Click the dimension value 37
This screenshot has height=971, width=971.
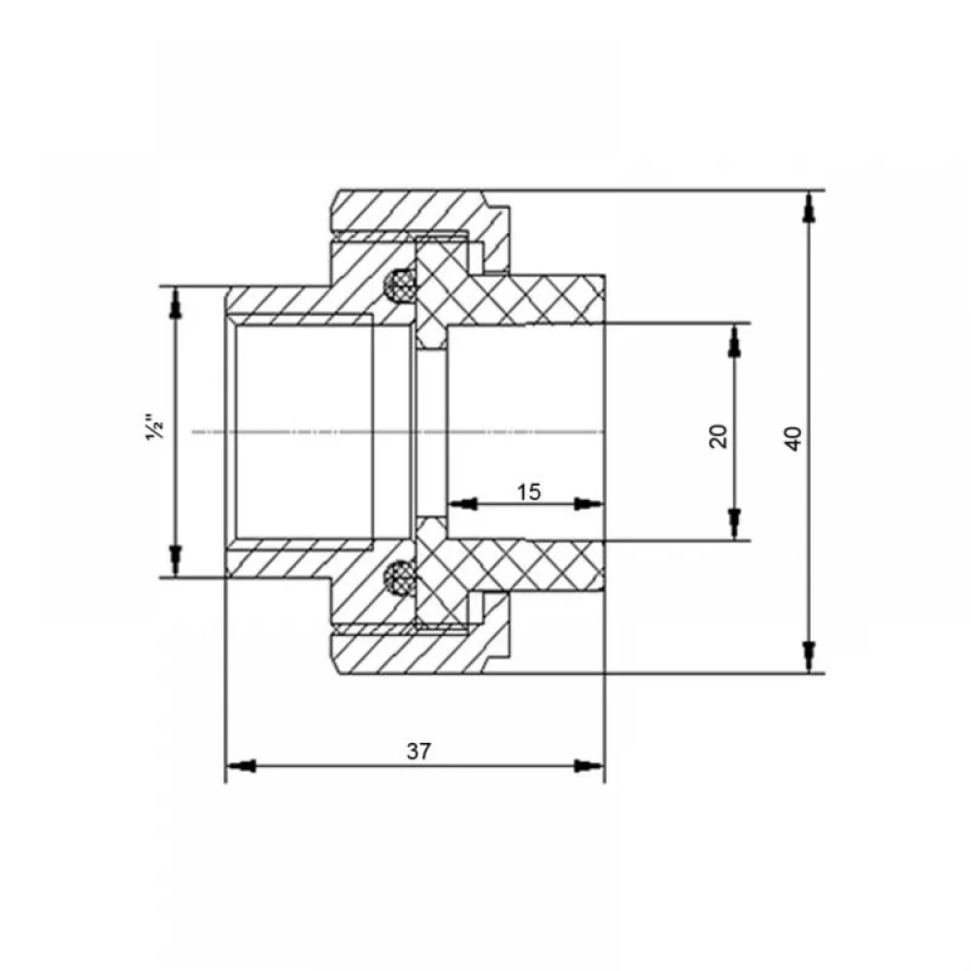click(419, 752)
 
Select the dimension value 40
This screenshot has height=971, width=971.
click(793, 439)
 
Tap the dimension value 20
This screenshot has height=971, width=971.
click(719, 436)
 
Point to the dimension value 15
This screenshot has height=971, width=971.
click(529, 492)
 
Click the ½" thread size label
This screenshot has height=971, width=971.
click(155, 426)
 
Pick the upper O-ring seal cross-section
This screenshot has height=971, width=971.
click(399, 286)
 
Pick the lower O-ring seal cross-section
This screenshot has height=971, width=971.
click(399, 577)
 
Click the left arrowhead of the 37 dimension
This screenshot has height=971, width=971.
click(242, 766)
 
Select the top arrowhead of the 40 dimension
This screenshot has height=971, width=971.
click(808, 207)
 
